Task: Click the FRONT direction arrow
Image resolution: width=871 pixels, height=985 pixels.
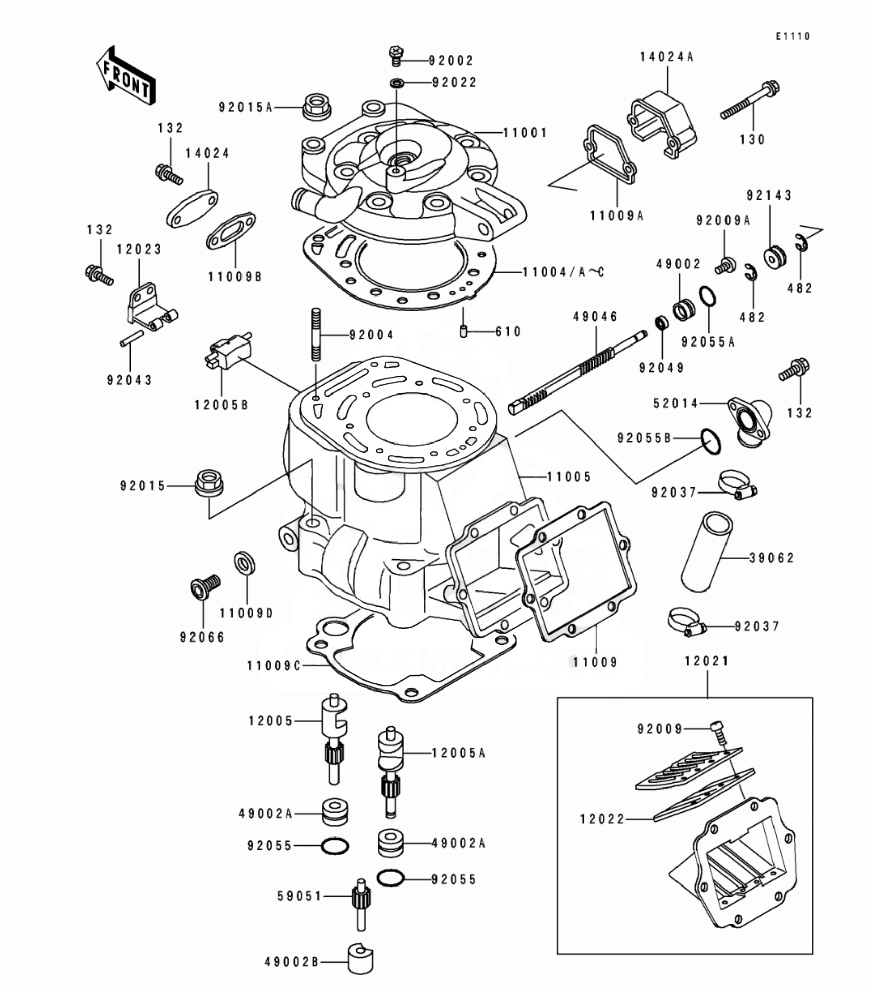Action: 125,76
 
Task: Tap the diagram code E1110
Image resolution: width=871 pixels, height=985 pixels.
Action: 793,36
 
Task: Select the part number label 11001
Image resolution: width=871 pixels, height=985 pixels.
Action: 525,133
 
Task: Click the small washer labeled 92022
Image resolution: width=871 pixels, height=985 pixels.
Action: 397,82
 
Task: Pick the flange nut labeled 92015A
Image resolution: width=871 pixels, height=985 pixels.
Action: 317,107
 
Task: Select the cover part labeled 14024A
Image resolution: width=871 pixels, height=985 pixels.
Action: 663,123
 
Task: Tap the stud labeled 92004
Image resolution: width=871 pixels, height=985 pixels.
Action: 316,334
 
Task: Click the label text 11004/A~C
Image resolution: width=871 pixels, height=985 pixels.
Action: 563,272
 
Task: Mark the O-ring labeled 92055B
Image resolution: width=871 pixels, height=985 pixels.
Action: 711,441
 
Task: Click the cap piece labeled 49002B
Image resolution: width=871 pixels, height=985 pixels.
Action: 360,960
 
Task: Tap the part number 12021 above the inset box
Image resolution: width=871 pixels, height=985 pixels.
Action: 707,661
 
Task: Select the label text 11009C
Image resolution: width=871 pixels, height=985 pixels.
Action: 273,666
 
